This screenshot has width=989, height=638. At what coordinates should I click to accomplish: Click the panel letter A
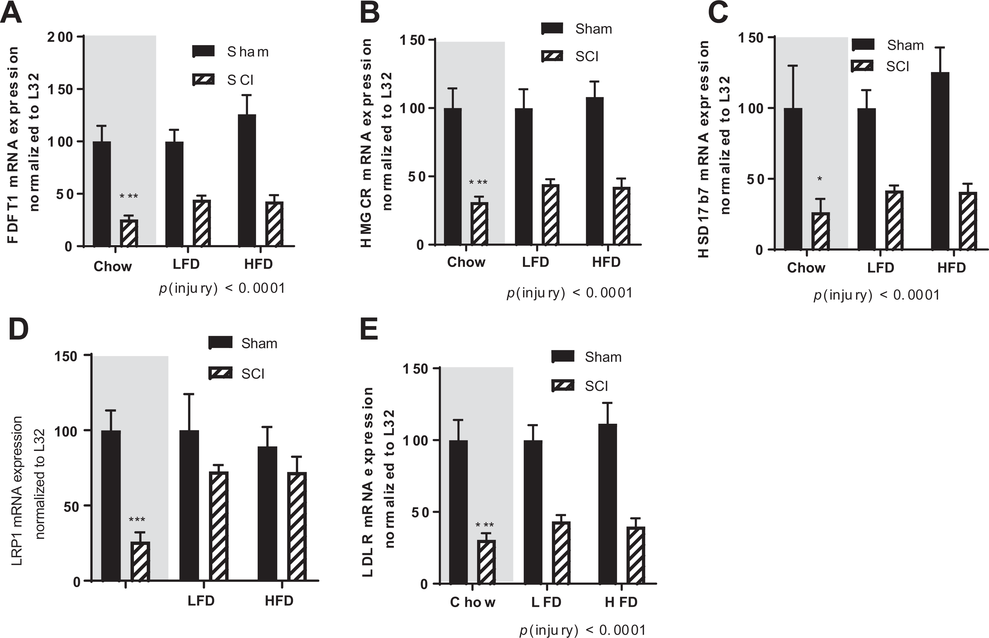click(11, 14)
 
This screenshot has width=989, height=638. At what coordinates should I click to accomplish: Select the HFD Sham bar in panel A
click(247, 180)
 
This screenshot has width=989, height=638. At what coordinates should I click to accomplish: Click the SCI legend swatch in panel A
click(204, 79)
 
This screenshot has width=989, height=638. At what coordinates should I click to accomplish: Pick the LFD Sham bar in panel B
click(524, 177)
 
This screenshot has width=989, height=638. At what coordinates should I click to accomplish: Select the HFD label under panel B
click(606, 262)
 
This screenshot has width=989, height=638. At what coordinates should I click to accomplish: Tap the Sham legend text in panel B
click(593, 29)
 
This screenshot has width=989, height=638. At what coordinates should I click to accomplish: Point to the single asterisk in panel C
click(820, 179)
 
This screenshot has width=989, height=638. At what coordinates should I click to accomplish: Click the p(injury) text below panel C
click(876, 295)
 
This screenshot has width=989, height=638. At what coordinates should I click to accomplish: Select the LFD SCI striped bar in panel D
click(219, 527)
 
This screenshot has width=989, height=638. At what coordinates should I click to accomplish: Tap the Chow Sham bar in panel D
click(111, 506)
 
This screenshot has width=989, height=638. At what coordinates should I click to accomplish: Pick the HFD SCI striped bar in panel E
click(636, 555)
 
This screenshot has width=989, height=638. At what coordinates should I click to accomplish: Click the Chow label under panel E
click(473, 602)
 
